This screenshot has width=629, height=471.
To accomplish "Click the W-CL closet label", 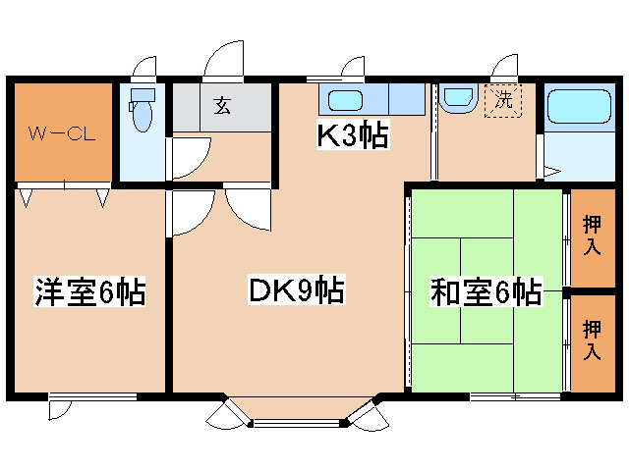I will [x=60, y=133].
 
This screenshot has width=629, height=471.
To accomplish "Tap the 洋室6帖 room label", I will [x=90, y=290].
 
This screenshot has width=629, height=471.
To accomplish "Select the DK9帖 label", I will [x=295, y=290].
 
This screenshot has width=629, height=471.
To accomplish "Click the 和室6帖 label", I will [x=486, y=291].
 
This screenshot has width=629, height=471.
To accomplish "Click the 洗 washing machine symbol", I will [x=503, y=100].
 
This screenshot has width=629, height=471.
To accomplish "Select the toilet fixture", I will [x=143, y=110].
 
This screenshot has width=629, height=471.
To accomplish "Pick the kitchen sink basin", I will [x=346, y=99].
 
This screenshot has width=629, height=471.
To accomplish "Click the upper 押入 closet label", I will [x=592, y=235].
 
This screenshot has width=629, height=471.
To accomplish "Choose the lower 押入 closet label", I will [x=592, y=339].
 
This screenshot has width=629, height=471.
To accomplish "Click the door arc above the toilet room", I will [x=145, y=67].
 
